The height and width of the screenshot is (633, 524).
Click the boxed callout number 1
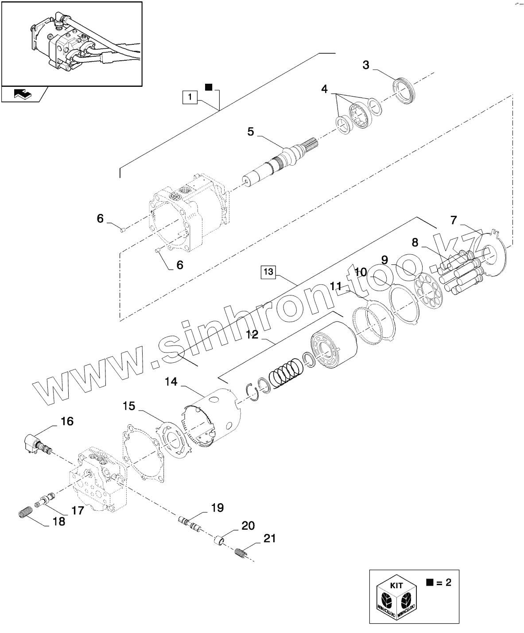tap(190, 97)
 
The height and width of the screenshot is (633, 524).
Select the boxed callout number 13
tap(268, 272)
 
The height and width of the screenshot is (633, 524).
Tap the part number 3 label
tap(365, 65)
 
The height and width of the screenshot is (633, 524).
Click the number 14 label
tap(171, 382)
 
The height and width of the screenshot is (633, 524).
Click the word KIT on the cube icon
tap(396, 585)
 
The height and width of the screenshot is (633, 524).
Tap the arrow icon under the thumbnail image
tap(22, 93)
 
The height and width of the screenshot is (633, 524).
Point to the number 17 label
tap(78, 511)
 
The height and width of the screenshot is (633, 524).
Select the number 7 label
tap(453, 220)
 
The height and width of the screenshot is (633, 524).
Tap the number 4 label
tap(325, 89)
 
